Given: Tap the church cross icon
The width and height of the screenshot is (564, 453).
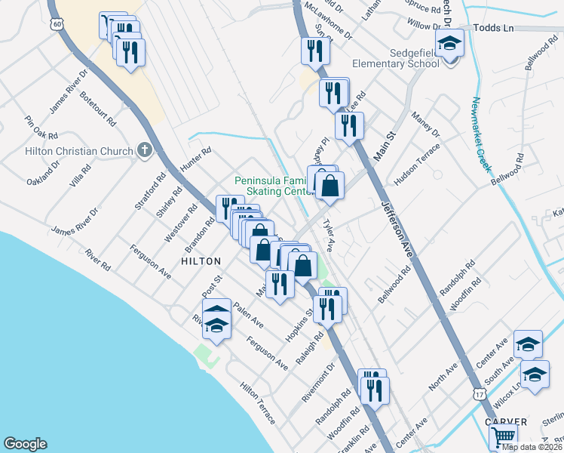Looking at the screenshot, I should [146, 151].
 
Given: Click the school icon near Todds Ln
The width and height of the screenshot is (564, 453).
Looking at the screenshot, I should [449, 44].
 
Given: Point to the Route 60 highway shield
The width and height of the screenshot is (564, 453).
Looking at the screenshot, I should [57, 25].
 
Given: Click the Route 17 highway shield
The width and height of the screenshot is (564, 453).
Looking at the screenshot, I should [479, 394].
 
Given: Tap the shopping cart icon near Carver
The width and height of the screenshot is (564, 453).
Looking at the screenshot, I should [502, 436].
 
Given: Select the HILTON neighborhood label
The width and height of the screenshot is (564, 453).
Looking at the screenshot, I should [201, 261].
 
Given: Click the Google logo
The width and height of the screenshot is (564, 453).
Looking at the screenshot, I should [24, 444].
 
